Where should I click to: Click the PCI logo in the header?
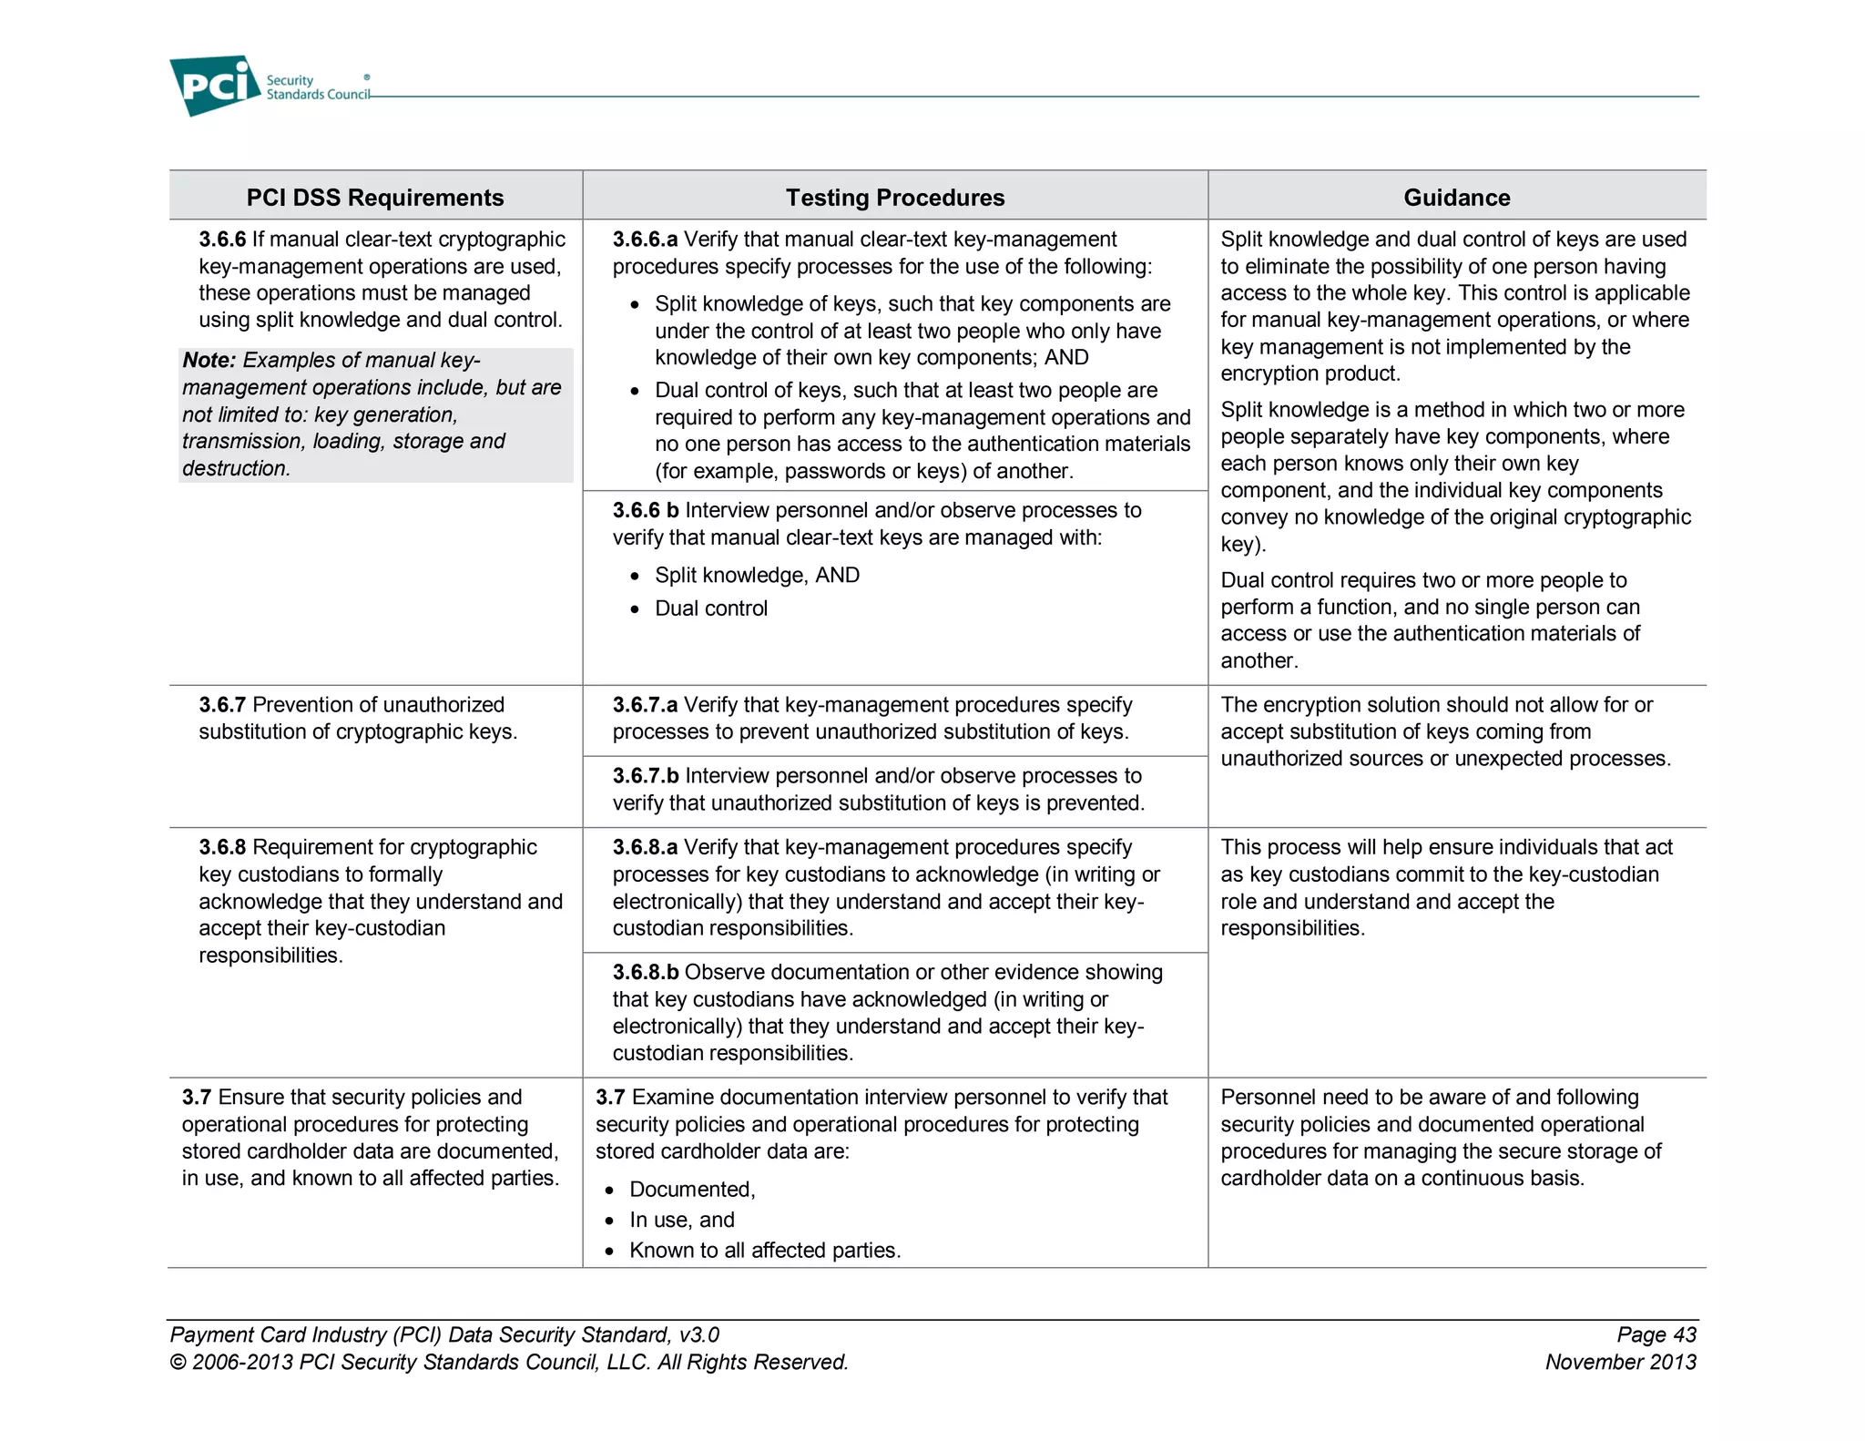(215, 86)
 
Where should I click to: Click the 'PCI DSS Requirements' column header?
(374, 198)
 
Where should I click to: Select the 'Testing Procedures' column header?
(894, 198)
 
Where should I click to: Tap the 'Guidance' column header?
(1455, 198)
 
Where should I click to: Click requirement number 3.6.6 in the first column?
(222, 240)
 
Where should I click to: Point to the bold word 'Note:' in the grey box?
(209, 361)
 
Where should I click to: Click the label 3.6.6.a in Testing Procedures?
(645, 240)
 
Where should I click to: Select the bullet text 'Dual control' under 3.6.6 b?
(710, 608)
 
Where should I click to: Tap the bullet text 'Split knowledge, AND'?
(756, 576)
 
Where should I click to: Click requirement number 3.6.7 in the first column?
(222, 705)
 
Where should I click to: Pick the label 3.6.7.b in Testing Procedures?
(645, 776)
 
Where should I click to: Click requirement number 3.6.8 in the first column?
(222, 847)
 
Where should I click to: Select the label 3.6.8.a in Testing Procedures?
(645, 847)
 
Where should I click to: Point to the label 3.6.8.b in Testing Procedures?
(645, 973)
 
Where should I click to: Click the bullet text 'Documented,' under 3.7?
(691, 1190)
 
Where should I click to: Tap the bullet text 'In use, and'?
(681, 1221)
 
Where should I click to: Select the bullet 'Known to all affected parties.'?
(764, 1251)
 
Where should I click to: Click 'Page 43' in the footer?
(1656, 1335)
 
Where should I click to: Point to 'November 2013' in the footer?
(1620, 1363)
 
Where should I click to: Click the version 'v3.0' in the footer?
(698, 1335)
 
